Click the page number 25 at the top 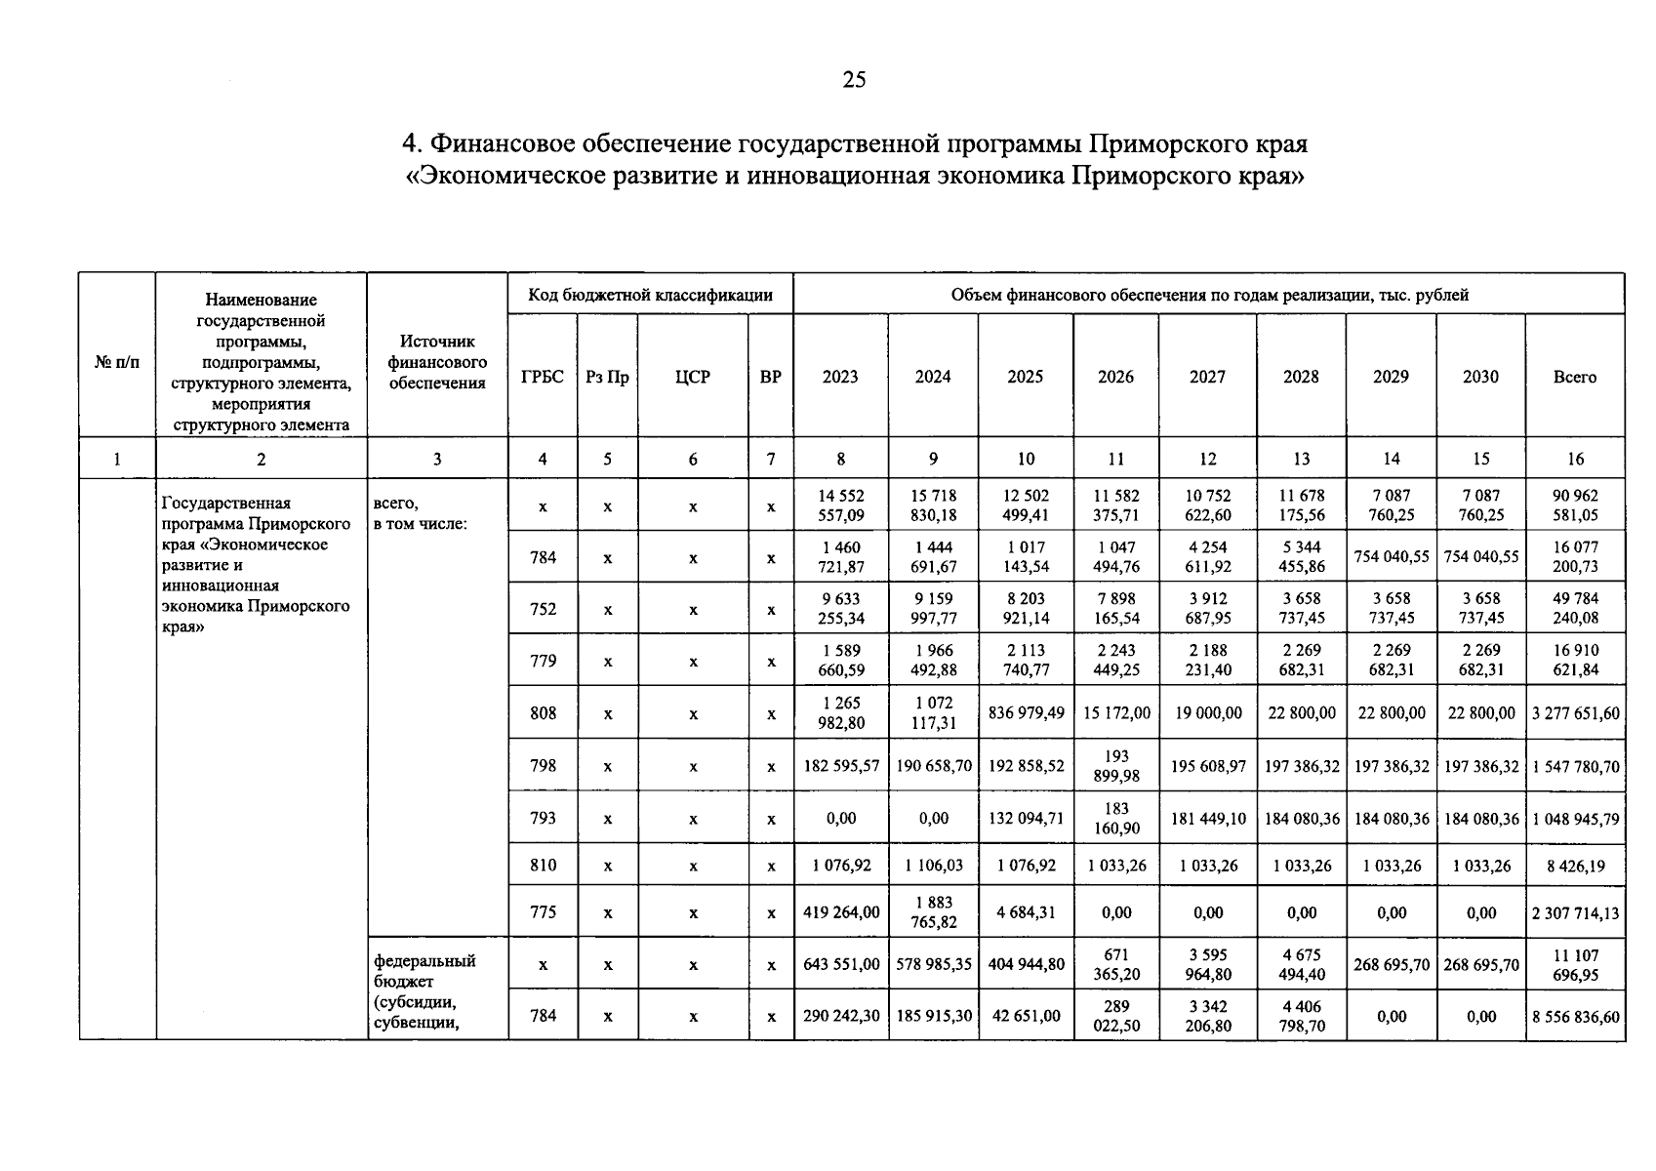click(x=854, y=80)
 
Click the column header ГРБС click(x=543, y=377)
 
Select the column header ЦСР click(x=692, y=377)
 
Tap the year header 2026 click(x=1115, y=377)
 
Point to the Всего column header click(x=1574, y=377)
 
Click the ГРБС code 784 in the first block click(x=543, y=557)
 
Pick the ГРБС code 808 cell click(x=543, y=713)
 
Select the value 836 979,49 click(x=1026, y=713)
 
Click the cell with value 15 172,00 click(x=1116, y=713)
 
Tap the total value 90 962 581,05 click(x=1575, y=505)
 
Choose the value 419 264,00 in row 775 click(x=840, y=912)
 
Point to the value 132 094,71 click(x=1026, y=818)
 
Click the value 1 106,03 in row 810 click(x=933, y=866)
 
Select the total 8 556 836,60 click(x=1575, y=1017)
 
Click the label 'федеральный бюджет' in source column click(x=424, y=971)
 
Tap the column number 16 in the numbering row click(x=1575, y=459)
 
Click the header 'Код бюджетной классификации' click(x=650, y=295)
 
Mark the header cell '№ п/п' click(x=117, y=362)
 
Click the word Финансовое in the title click(x=502, y=144)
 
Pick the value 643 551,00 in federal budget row click(x=840, y=964)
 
